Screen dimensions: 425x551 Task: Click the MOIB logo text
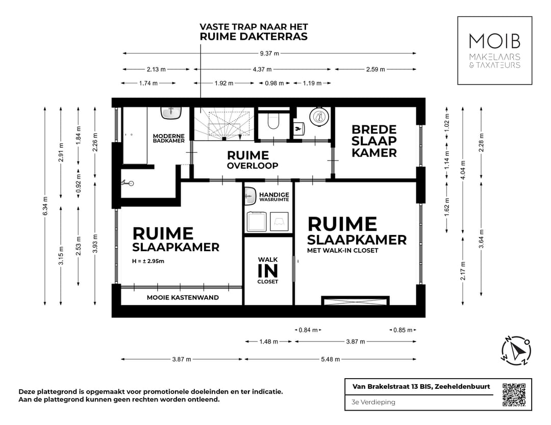click(x=494, y=41)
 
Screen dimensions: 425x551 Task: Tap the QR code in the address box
click(x=514, y=395)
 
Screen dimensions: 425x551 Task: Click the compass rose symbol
click(x=516, y=351)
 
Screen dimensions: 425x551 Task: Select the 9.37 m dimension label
click(x=269, y=54)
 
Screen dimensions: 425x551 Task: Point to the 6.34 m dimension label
click(x=45, y=205)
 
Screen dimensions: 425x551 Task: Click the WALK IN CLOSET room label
click(x=268, y=270)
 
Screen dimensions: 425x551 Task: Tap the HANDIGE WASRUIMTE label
click(x=274, y=197)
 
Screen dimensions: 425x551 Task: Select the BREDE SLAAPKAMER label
click(x=374, y=141)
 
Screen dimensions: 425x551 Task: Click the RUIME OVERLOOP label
click(x=253, y=159)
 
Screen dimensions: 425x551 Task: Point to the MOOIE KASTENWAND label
click(x=183, y=297)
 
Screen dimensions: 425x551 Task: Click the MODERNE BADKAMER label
click(x=169, y=138)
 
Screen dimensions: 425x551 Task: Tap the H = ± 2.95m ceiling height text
click(x=152, y=261)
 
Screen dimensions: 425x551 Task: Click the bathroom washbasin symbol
click(x=172, y=112)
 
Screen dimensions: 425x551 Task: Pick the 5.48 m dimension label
click(x=331, y=359)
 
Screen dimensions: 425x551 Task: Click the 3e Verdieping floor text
click(x=373, y=402)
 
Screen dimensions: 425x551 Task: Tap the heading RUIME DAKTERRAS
click(x=254, y=37)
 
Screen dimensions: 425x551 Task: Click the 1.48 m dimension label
click(x=268, y=341)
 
